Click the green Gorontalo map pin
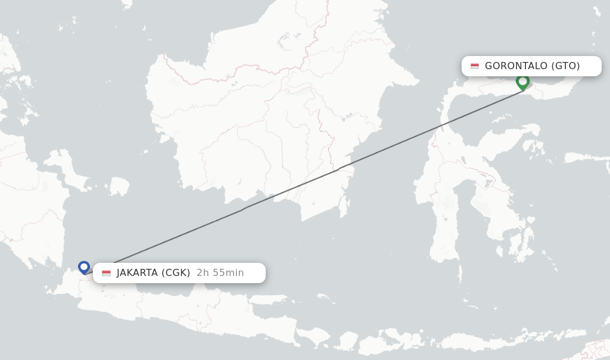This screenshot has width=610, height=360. point(522,82)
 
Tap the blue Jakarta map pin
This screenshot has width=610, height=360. point(84,267)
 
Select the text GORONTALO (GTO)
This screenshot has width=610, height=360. point(532,66)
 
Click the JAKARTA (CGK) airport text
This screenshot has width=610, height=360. point(153,273)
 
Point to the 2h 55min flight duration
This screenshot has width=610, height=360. point(220,273)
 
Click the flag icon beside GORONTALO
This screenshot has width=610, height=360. point(475,66)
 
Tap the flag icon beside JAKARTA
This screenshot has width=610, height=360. point(107,273)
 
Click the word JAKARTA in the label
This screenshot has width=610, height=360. point(136,273)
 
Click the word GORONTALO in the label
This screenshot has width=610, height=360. point(516,66)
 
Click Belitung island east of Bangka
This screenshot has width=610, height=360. point(119,187)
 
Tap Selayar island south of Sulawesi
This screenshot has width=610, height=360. point(460,274)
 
